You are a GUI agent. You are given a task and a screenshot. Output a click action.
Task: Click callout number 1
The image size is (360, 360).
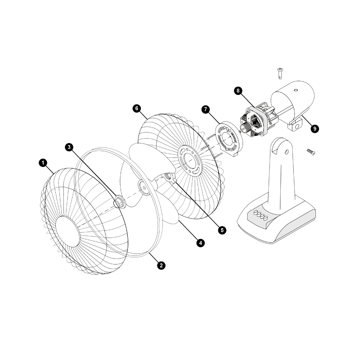[x=43, y=163]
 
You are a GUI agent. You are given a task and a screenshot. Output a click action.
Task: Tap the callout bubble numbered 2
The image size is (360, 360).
[x=161, y=265]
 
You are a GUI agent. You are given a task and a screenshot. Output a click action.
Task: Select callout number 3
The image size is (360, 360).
[x=69, y=147]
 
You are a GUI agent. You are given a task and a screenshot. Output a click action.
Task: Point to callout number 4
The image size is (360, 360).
[x=200, y=243]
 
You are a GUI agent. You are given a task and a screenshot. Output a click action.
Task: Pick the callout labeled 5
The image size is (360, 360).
[x=222, y=230]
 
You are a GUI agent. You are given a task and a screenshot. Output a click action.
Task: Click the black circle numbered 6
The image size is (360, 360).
[x=137, y=108]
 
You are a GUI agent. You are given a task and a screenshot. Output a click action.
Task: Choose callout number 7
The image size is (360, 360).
[x=206, y=109]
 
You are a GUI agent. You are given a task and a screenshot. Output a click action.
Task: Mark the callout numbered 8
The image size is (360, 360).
[x=238, y=91]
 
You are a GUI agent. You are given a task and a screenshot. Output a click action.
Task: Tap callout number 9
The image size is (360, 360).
[x=315, y=129]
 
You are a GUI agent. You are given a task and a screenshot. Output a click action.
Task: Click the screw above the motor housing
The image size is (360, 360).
[x=280, y=73]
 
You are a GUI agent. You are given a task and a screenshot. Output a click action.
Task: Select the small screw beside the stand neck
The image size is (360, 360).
[x=311, y=152]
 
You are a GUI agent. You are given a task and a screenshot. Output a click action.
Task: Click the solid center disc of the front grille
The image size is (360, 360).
[x=68, y=231]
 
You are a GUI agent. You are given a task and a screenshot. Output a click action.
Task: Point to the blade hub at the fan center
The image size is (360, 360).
[x=144, y=187]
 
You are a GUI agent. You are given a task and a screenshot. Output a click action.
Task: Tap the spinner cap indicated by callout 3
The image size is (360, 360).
[x=120, y=202]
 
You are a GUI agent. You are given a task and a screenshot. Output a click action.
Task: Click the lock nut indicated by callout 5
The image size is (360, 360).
[x=169, y=177]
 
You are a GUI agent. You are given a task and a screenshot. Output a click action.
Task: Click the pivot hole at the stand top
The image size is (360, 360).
[x=286, y=152]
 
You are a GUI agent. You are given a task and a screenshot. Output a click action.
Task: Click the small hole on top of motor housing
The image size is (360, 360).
[x=296, y=90]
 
